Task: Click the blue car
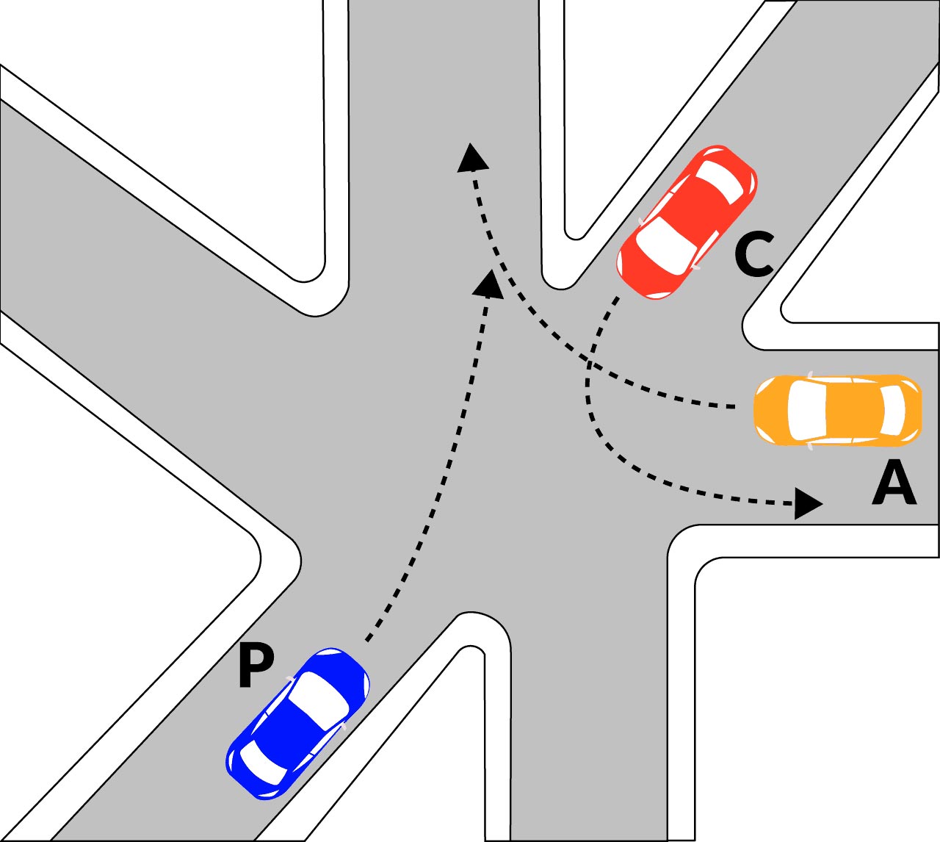pyautogui.click(x=297, y=724)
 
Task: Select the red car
pyautogui.click(x=687, y=223)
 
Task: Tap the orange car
pyautogui.click(x=837, y=410)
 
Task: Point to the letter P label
pyautogui.click(x=256, y=667)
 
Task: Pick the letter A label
pyautogui.click(x=894, y=482)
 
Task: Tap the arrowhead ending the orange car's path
pyautogui.click(x=473, y=158)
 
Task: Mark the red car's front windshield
pyautogui.click(x=667, y=245)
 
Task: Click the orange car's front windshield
pyautogui.click(x=806, y=411)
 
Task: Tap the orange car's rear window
pyautogui.click(x=893, y=411)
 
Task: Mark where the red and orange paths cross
pyautogui.click(x=589, y=361)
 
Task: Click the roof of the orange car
pyautogui.click(x=853, y=411)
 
